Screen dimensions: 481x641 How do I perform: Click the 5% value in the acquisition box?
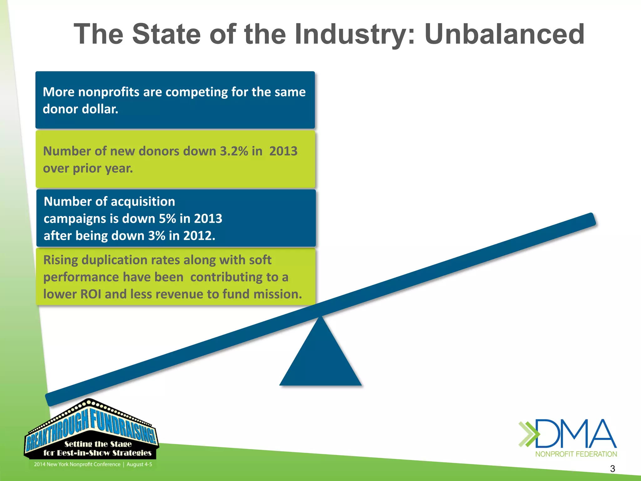point(167,219)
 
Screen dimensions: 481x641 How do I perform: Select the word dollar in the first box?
point(100,109)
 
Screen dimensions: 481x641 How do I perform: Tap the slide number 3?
point(613,469)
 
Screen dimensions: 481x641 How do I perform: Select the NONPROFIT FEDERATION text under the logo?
point(576,454)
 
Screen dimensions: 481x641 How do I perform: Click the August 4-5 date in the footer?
point(139,464)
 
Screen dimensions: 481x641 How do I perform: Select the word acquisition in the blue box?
point(143,202)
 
